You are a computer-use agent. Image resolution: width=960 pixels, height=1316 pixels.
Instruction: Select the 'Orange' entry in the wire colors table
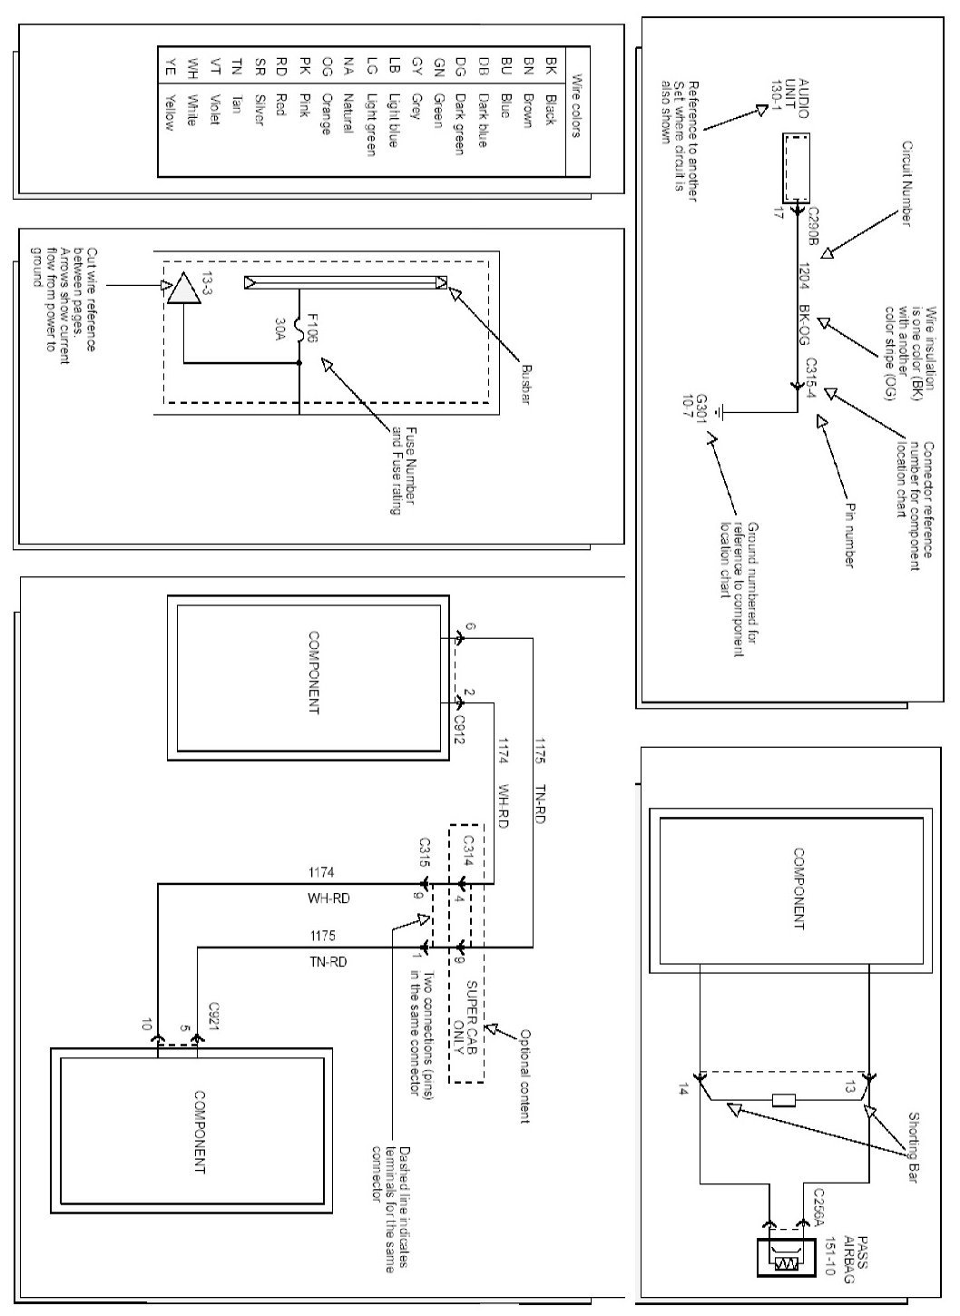(x=326, y=113)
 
